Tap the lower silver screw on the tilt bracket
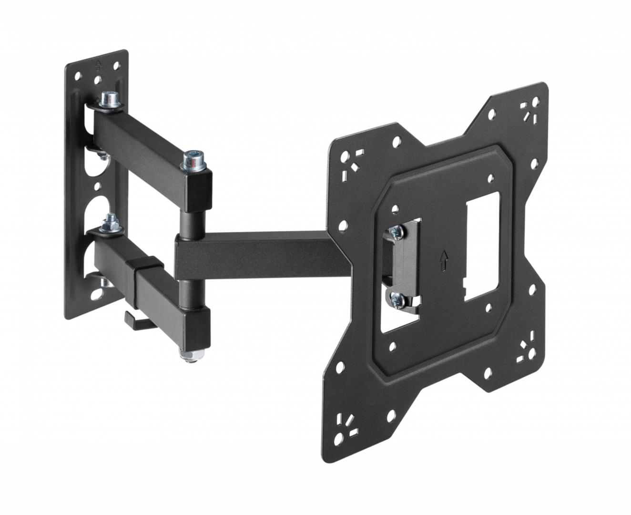click(x=395, y=299)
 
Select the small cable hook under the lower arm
click(x=136, y=320)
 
